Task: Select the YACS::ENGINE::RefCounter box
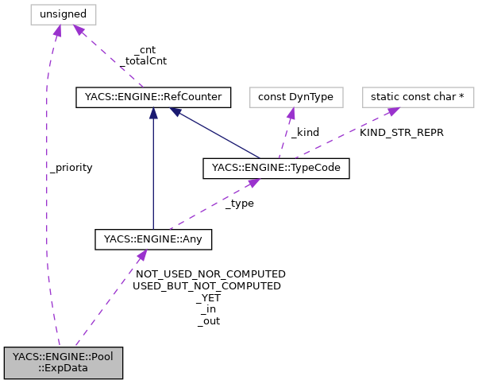point(153,98)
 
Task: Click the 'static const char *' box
point(418,98)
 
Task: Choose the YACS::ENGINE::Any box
point(153,238)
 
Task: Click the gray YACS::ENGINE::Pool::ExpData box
point(63,362)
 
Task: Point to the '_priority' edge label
point(71,168)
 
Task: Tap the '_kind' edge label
point(305,133)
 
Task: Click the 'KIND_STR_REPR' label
point(401,133)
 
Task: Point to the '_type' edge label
point(239,204)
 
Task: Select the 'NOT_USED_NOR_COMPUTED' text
point(210,273)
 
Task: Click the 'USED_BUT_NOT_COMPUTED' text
point(207,285)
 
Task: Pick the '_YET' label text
point(208,297)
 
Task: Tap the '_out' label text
point(208,321)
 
